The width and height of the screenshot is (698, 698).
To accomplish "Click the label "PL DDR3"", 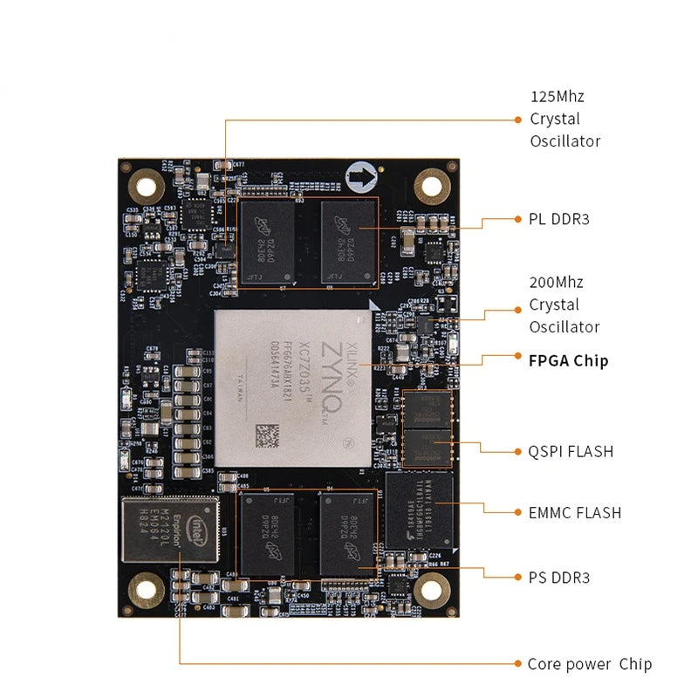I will coord(559,219).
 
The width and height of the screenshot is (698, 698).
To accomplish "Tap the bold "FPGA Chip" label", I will coord(568,360).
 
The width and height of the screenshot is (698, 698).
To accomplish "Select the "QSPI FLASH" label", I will coord(571,451).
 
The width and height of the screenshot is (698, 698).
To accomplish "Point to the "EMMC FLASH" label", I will coord(575,512).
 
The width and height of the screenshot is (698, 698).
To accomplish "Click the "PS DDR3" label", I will coord(559,578).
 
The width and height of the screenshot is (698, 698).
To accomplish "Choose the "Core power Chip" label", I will coord(589,664).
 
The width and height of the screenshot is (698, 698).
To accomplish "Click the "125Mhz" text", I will coord(558,96).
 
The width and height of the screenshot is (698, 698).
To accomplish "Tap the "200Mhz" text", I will coord(557,283).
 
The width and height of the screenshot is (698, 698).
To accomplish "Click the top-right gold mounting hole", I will coord(431,184).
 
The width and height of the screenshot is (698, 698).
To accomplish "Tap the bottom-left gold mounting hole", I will coord(147,592).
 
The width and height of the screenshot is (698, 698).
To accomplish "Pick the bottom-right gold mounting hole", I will coord(431,591).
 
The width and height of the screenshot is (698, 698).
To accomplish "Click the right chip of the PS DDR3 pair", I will coord(345,533).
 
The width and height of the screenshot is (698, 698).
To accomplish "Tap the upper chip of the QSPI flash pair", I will coord(428,408).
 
